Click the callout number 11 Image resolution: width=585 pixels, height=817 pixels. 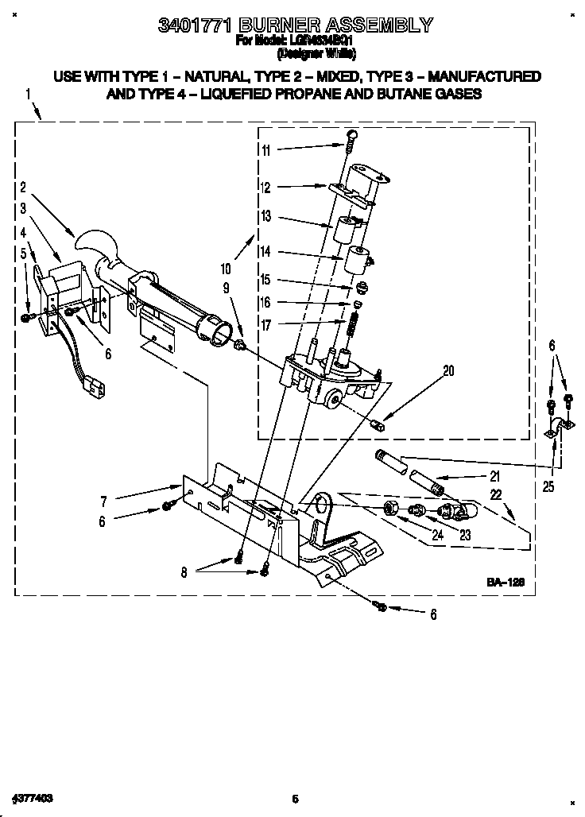click(265, 150)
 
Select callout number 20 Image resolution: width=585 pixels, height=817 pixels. click(448, 370)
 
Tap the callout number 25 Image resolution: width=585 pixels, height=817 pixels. click(548, 486)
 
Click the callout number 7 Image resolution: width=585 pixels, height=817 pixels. click(103, 501)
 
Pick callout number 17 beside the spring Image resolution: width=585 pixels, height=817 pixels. click(265, 324)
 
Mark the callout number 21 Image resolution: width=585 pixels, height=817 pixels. click(494, 477)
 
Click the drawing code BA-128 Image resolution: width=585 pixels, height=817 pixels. click(506, 583)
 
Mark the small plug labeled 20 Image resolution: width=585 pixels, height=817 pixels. click(378, 425)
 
